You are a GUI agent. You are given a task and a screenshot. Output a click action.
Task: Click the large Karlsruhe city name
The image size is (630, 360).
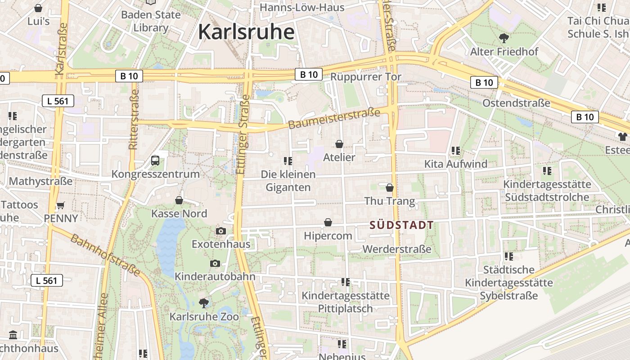coord(246,32)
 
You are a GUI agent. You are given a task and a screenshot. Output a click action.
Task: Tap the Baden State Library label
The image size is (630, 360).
coord(151,21)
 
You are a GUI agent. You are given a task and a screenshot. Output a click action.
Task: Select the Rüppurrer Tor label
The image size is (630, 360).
coord(365,77)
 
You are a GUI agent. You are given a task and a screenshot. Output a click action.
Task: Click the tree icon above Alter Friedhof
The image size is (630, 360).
coord(504,38)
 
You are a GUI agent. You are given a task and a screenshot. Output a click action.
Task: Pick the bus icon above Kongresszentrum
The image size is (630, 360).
coord(155,160)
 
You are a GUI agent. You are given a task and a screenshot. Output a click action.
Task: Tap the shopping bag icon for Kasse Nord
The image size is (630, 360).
coord(179,200)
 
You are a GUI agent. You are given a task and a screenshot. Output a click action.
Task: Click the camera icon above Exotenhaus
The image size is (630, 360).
coord(220,231)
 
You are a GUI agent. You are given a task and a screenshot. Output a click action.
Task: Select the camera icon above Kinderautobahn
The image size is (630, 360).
coord(215,263)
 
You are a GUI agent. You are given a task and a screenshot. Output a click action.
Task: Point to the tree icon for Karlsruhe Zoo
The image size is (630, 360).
coord(203,303)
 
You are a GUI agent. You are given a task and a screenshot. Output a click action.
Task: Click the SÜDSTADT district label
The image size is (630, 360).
coord(402,225)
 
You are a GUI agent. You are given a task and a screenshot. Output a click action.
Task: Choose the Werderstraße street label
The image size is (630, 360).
coord(397,249)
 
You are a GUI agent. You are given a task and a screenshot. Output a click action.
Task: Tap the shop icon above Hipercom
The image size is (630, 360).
coord(328,222)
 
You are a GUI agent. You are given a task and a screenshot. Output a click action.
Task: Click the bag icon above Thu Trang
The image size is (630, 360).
coord(390,187)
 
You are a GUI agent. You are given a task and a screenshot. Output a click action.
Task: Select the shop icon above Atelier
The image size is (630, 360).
coord(339,144)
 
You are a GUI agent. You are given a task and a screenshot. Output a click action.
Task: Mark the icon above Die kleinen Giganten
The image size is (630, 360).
coord(288,161)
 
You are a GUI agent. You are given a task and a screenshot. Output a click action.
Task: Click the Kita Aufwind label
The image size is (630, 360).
coord(456,164)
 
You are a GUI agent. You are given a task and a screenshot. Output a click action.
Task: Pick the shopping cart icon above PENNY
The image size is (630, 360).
coord(60,205)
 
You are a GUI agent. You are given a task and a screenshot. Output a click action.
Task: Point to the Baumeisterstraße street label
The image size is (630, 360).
coord(334,118)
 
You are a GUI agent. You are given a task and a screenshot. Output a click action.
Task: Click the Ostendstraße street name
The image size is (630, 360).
coord(516,103)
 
